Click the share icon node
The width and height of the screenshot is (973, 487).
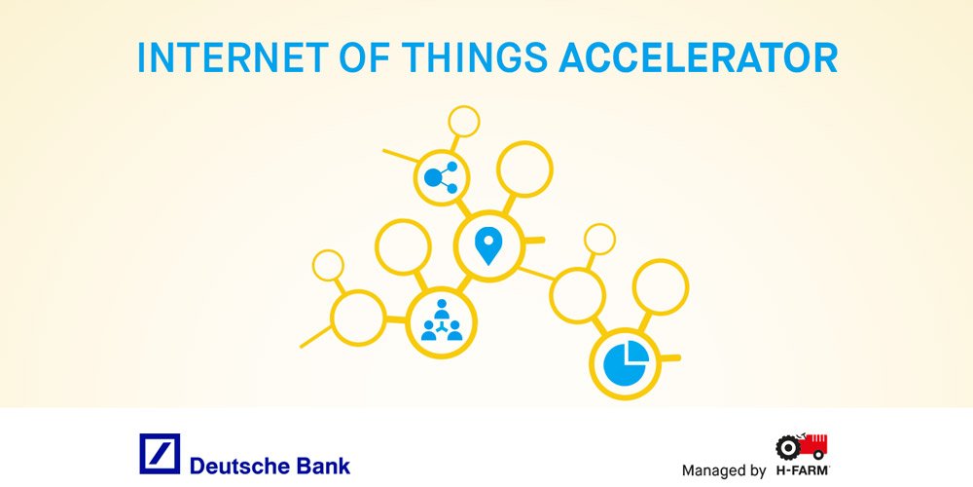(442, 177)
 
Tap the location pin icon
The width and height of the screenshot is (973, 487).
(488, 245)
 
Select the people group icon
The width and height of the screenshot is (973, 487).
(442, 320)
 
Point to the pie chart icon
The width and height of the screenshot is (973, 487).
(626, 362)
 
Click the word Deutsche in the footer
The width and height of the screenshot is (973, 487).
(237, 465)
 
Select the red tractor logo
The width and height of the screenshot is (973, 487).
(802, 447)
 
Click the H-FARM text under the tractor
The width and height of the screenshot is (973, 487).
(802, 470)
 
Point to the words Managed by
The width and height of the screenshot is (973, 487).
(723, 470)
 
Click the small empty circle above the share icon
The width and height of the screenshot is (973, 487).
(464, 122)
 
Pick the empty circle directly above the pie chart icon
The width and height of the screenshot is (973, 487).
(661, 286)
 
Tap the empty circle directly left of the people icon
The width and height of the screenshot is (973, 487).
(358, 318)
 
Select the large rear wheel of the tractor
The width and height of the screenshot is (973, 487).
(787, 449)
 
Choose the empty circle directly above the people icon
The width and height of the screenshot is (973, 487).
(403, 247)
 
